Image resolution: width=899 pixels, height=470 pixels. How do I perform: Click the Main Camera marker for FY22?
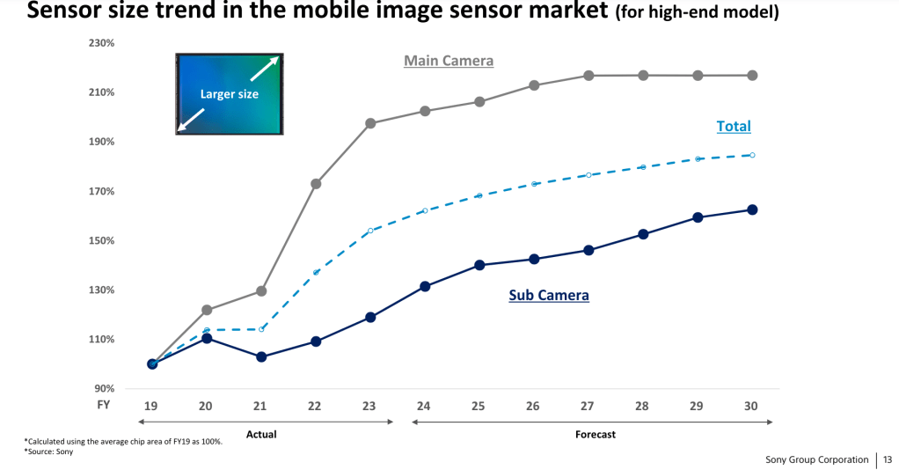(x=316, y=184)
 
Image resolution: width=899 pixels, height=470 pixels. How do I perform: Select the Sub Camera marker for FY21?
(x=261, y=356)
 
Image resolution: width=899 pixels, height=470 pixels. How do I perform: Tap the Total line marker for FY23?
(x=370, y=231)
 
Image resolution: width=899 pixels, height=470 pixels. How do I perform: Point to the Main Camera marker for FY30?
(x=752, y=76)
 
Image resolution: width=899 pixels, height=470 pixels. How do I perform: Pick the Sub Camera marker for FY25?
(x=479, y=265)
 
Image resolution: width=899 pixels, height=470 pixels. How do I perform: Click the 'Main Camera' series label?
(x=449, y=61)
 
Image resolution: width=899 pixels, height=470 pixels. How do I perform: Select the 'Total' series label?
(x=734, y=126)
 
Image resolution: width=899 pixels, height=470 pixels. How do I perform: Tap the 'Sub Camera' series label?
(x=549, y=296)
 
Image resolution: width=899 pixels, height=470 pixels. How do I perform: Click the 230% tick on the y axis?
(x=103, y=43)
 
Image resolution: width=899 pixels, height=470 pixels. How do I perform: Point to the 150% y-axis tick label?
(x=103, y=240)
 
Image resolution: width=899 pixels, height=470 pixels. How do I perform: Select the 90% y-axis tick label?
(x=106, y=388)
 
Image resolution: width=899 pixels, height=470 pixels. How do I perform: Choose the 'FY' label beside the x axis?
(x=103, y=406)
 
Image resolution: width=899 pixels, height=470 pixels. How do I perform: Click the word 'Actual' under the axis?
(x=262, y=434)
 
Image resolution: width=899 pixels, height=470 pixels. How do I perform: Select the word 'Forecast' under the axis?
(x=596, y=434)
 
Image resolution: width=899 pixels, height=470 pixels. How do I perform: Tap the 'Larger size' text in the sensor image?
(x=230, y=94)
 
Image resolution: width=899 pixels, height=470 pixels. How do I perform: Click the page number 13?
(x=888, y=459)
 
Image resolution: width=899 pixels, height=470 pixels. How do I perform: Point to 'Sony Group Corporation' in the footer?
(x=816, y=459)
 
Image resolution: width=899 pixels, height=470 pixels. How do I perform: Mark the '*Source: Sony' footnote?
(x=48, y=452)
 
